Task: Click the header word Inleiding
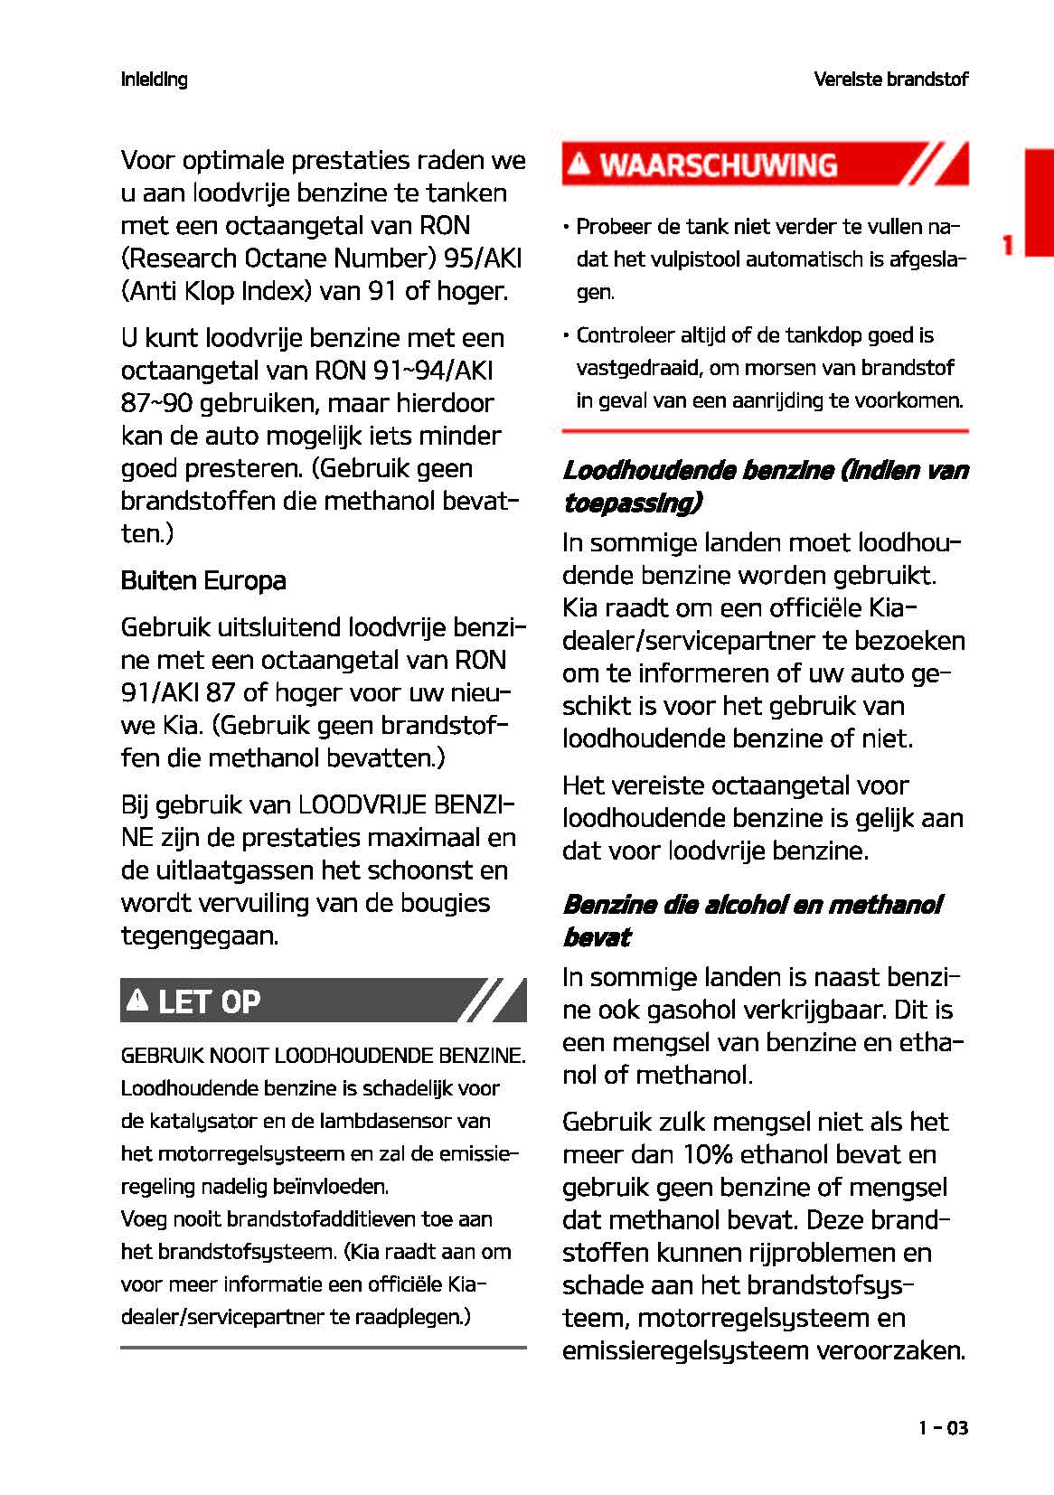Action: click(x=154, y=80)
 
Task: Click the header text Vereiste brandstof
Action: click(x=890, y=80)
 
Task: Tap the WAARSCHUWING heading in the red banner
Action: click(x=719, y=165)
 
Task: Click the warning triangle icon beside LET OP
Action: click(x=137, y=1000)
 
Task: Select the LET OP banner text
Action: click(x=209, y=1001)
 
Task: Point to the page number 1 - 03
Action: click(x=943, y=1428)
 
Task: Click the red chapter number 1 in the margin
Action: click(x=1007, y=245)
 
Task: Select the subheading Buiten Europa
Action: click(x=203, y=580)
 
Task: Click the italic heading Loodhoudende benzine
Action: click(x=698, y=470)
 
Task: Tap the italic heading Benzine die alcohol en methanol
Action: click(x=752, y=905)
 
